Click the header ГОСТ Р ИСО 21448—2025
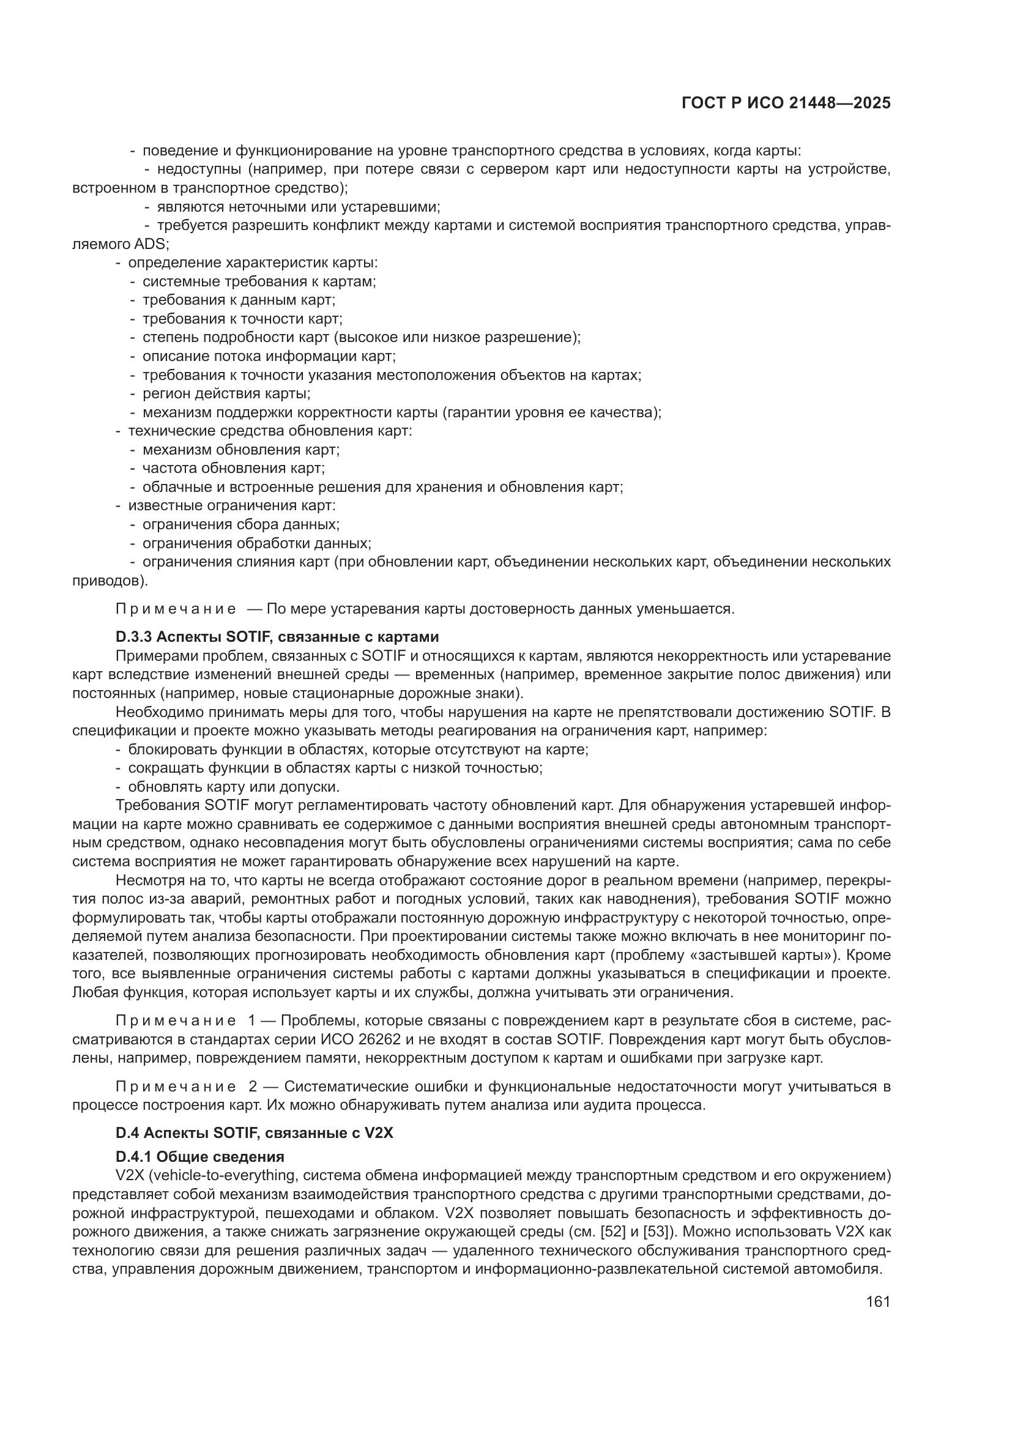786,103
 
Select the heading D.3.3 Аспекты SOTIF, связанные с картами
277,637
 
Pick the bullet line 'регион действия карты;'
226,394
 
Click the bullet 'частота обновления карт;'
233,468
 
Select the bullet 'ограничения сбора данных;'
240,524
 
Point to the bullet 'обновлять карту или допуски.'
234,787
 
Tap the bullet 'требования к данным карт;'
239,300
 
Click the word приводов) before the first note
110,581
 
